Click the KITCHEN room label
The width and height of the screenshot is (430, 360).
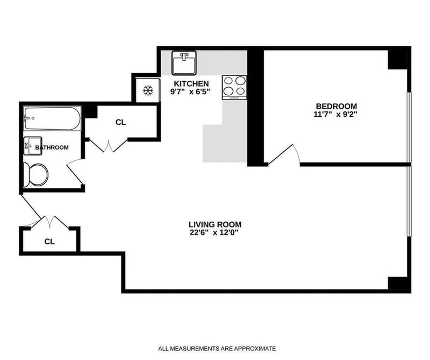(191, 83)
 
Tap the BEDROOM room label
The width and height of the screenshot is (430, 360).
(336, 106)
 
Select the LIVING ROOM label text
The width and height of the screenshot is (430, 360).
(215, 224)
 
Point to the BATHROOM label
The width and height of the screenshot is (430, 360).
(52, 147)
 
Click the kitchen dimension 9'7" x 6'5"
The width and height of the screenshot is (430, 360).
(190, 91)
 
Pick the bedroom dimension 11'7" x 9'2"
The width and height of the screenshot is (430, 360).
(335, 114)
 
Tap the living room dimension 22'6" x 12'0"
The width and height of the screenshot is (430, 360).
(214, 233)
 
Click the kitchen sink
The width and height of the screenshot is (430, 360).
(184, 63)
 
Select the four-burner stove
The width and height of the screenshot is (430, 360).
(234, 87)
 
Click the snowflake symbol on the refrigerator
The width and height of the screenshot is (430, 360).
(148, 90)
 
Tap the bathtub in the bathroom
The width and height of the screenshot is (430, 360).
(52, 118)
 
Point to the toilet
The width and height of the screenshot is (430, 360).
(35, 175)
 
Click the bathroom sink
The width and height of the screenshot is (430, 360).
(33, 146)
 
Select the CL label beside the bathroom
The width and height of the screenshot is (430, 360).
(120, 123)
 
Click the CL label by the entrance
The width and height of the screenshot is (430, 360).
(49, 242)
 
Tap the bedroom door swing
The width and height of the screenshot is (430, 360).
(284, 154)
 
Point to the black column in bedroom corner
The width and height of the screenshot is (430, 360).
(397, 60)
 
